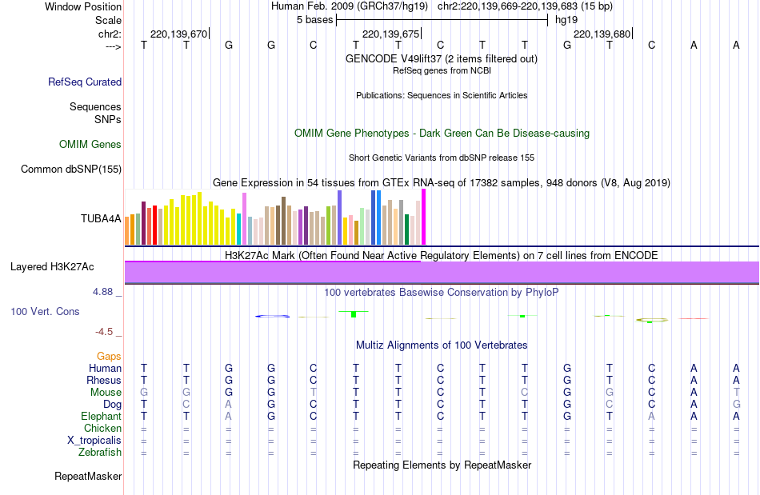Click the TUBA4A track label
tap(101, 218)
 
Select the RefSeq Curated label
tap(85, 82)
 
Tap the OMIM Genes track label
tap(90, 145)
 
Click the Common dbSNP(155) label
tap(71, 169)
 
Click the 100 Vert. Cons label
tap(45, 311)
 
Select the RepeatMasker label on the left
tap(88, 477)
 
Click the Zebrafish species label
tap(101, 452)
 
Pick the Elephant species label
tap(101, 416)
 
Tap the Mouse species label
tap(106, 392)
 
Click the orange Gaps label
tap(109, 356)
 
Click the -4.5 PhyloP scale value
tap(104, 331)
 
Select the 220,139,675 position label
tap(390, 34)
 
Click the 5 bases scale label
tap(313, 19)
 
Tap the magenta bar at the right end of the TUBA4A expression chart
tap(423, 218)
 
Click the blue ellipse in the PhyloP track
tap(272, 317)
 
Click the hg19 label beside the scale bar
tap(566, 19)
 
